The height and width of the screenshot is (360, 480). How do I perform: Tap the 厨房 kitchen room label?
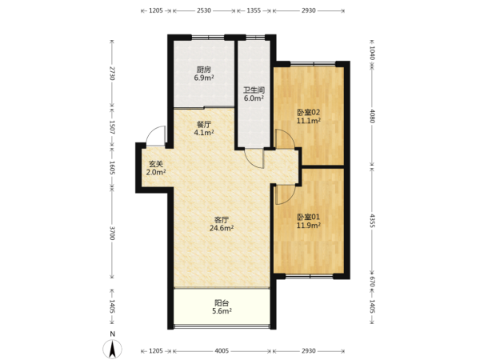[x=204, y=70]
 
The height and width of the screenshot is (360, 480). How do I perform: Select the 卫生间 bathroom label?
[x=254, y=90]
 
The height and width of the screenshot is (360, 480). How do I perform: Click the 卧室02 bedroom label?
[x=309, y=112]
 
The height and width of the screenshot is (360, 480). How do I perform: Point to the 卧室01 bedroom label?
[x=309, y=217]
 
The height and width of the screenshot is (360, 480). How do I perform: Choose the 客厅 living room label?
[x=222, y=220]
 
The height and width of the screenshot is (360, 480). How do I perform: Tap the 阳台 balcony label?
[x=222, y=303]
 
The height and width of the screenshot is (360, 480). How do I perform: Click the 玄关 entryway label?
[x=156, y=164]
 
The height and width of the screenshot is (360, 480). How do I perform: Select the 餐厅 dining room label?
[x=204, y=125]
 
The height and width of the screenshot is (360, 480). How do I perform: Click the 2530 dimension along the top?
[x=204, y=10]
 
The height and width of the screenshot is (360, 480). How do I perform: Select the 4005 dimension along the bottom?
[x=222, y=351]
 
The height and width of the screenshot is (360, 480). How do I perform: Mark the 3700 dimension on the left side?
[x=112, y=234]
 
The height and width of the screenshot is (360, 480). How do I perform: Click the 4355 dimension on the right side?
[x=372, y=221]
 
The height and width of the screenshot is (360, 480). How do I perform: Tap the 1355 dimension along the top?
[x=254, y=10]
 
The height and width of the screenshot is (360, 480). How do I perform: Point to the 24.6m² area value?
[x=222, y=228]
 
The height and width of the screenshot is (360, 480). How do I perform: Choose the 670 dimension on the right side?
[x=372, y=282]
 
